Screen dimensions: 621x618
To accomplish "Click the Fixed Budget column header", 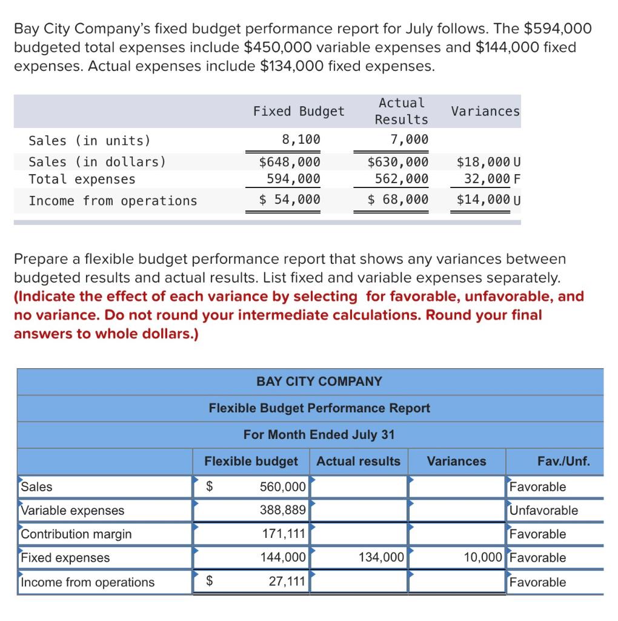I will click(x=298, y=112).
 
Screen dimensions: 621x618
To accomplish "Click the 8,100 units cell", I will click(x=301, y=140).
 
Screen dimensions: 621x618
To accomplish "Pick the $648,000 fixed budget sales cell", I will click(x=290, y=162).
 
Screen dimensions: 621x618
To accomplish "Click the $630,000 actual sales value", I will click(x=398, y=162).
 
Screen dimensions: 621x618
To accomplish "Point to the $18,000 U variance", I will click(x=488, y=162).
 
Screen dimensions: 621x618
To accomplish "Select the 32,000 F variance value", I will click(x=492, y=179).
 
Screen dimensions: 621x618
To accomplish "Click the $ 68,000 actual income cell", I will click(x=398, y=200).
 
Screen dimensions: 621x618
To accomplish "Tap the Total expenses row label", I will click(x=82, y=180).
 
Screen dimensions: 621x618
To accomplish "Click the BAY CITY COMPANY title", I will click(x=319, y=381).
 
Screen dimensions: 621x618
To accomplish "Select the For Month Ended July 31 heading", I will click(x=319, y=435).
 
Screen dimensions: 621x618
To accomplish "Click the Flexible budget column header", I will click(x=251, y=462).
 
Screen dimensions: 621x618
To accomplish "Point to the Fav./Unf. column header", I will click(x=563, y=462).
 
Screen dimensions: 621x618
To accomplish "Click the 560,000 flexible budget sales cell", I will click(x=282, y=487).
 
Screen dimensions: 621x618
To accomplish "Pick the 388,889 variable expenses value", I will click(x=282, y=511).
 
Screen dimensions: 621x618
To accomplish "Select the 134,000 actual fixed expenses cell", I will click(x=381, y=558).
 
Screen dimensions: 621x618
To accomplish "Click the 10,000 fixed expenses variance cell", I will click(x=483, y=558).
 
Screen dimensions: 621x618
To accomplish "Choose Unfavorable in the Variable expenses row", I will click(x=543, y=511).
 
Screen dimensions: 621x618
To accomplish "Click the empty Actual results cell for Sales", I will click(x=359, y=487).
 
